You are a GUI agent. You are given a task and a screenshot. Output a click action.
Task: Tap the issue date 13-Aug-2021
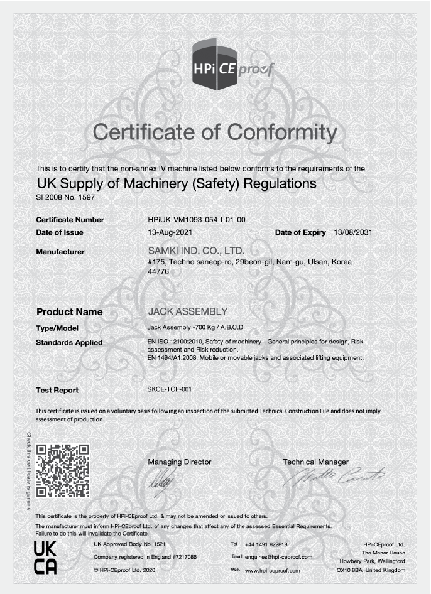(165, 232)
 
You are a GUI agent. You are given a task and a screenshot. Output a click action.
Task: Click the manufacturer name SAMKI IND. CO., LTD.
(195, 251)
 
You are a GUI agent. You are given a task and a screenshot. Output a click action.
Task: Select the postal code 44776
(158, 272)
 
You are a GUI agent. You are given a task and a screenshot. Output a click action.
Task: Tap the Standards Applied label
(69, 342)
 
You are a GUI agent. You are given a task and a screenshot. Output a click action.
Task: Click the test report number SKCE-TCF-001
(169, 389)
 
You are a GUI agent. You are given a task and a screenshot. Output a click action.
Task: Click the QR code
(62, 470)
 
